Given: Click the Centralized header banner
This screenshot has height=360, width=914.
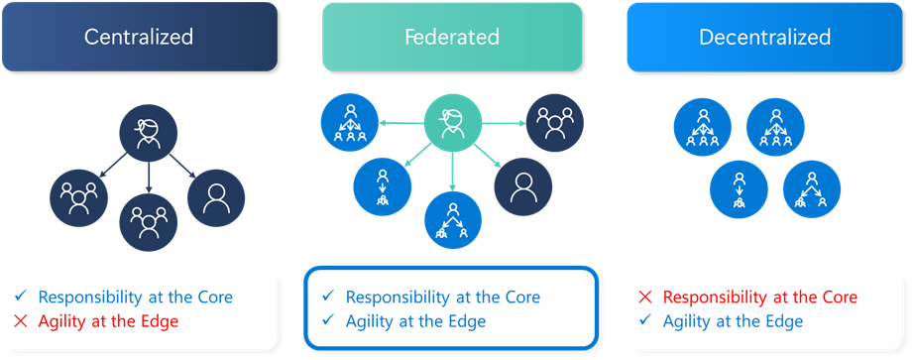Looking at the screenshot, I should click(x=139, y=37).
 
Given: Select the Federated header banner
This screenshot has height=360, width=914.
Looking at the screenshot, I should click(x=452, y=37).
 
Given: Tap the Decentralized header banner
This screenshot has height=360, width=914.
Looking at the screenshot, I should click(x=764, y=37).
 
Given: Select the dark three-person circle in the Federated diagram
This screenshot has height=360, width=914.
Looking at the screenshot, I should click(x=552, y=122).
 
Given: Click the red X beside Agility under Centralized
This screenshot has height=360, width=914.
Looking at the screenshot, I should click(x=22, y=321).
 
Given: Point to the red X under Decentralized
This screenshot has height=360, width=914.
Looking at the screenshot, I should click(x=645, y=298).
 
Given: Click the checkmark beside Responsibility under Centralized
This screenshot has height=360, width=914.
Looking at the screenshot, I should click(x=22, y=297).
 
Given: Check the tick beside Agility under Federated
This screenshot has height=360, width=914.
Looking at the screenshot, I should click(x=328, y=321).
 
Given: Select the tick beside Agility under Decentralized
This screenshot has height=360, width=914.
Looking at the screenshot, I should click(x=645, y=321).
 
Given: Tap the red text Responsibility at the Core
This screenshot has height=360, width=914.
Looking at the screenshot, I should click(x=759, y=298).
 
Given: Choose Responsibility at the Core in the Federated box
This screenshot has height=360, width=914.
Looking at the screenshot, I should click(x=442, y=297).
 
